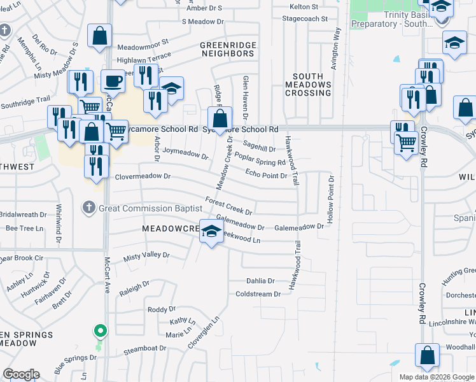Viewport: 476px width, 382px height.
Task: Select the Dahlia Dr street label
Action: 260,281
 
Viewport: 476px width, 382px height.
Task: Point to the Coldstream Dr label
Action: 258,294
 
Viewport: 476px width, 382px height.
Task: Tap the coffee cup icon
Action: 113,81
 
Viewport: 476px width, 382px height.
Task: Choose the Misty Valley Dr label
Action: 146,255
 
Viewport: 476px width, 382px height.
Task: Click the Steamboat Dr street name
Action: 144,349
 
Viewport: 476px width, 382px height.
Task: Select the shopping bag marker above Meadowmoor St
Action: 100,37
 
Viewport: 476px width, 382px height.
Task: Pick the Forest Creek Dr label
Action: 229,205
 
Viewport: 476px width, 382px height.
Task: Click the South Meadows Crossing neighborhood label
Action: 308,85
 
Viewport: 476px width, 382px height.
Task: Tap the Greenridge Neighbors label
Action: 227,50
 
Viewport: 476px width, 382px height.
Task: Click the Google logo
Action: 21,374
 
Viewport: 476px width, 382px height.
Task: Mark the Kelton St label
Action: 304,6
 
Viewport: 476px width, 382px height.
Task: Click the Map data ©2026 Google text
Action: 436,377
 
